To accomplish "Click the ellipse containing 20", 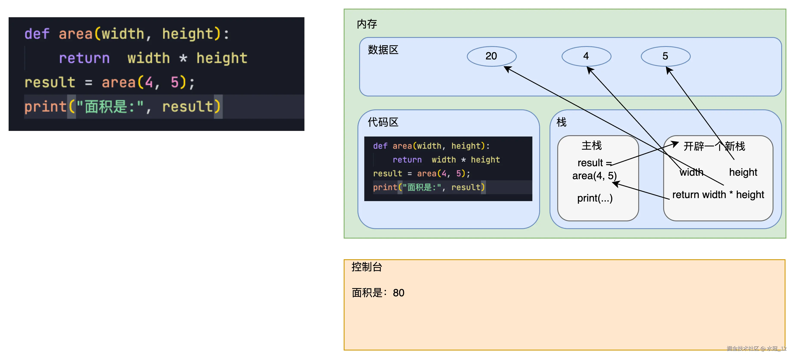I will pos(491,56).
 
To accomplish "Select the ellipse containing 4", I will pos(586,56).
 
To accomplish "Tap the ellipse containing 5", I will pos(665,56).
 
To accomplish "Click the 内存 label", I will pos(367,24).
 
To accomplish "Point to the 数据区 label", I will pos(383,50).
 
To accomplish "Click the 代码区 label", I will pos(383,122).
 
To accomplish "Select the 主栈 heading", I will pos(592,145).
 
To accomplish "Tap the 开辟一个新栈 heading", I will pos(714,146).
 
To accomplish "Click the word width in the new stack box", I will pos(691,172).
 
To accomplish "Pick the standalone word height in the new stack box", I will pos(743,172).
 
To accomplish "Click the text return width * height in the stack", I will pos(718,195).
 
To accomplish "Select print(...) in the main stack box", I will pos(595,198).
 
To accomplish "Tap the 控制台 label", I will pos(367,267).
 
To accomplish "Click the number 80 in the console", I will pos(398,293).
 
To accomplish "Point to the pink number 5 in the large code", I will pos(175,82).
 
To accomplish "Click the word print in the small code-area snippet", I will pos(385,187).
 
